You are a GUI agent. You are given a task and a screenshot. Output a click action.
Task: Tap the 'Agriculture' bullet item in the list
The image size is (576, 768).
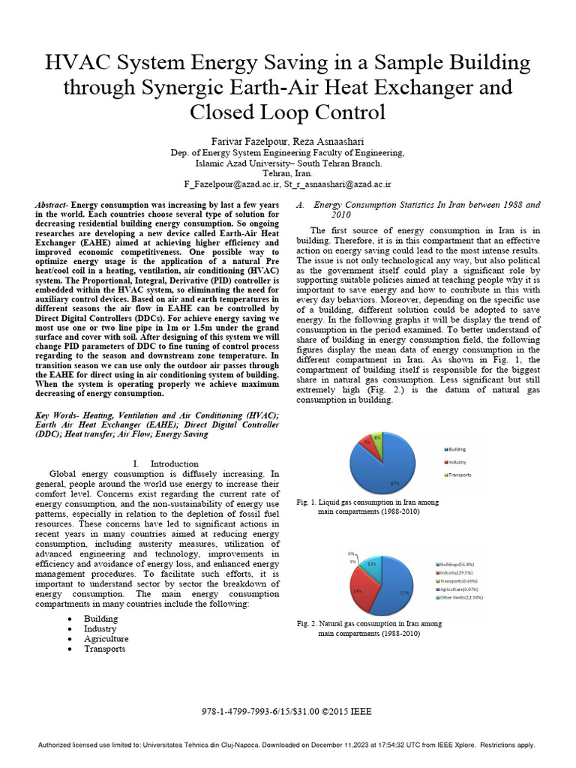[106, 639]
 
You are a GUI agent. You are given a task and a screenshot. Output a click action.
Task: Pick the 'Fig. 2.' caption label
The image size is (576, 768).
[307, 623]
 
